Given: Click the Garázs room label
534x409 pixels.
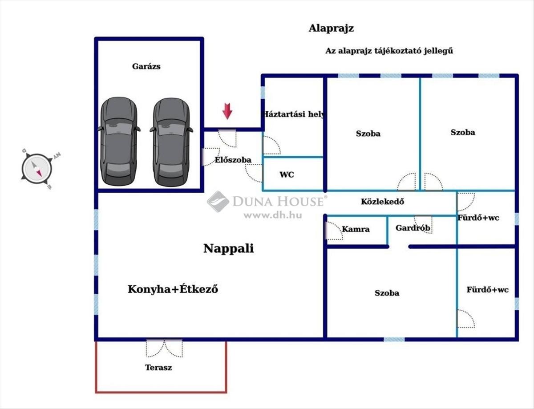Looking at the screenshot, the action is coord(146,66).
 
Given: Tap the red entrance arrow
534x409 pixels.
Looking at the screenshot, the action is coord(227,111).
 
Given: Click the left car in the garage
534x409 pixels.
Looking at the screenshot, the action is coord(119,141).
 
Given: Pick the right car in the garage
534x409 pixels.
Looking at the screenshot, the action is coord(171,142).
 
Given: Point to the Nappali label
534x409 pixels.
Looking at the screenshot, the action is coord(229,248).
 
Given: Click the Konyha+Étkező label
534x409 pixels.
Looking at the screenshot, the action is coord(173,289).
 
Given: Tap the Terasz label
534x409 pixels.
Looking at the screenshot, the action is coord(158,368).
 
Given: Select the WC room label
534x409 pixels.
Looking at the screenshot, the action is coord(287,174).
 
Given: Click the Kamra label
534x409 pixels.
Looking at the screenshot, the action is coord(356,229).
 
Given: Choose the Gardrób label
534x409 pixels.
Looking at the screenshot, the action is coord(413,228).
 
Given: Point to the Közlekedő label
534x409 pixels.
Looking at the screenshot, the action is coord(382,202).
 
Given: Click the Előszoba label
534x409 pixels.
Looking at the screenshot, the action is coord(233,160).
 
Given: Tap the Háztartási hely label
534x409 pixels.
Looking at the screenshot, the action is coord(294,114).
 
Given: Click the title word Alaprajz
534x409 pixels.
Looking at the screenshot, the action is coord(331,28).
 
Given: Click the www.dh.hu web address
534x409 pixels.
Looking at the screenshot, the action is coord(272,215).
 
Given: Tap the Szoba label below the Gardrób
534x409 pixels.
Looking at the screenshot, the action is coord(387,293).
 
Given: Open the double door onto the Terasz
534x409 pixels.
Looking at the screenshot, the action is coord(164,348).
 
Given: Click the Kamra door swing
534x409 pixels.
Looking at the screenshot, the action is coord(334,231).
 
